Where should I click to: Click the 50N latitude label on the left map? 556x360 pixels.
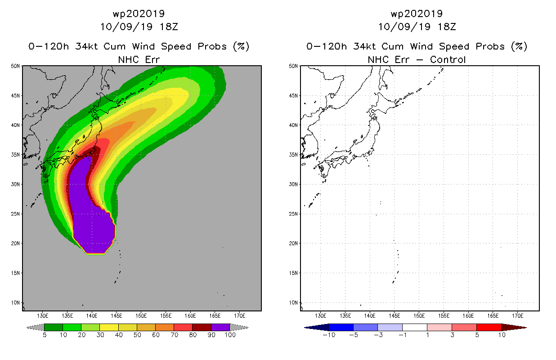[15, 66]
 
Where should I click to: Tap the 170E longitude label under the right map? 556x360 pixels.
[517, 316]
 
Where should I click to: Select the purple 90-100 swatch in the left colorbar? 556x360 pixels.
[220, 327]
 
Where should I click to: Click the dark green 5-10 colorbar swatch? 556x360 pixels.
[54, 327]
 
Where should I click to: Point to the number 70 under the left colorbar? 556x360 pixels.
[175, 335]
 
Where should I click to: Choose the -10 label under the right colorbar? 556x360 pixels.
[329, 335]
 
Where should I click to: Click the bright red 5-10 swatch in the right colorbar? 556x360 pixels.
[489, 327]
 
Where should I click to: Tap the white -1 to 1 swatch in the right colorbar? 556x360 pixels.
[415, 327]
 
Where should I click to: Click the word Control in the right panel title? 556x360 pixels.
[448, 59]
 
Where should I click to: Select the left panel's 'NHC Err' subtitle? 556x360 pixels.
[139, 59]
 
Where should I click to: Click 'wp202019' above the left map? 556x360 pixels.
[139, 13]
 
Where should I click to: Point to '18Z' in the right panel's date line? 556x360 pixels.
[447, 27]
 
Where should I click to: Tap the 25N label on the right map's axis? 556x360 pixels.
[293, 214]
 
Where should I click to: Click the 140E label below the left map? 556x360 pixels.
[92, 316]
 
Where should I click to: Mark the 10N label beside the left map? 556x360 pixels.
[15, 303]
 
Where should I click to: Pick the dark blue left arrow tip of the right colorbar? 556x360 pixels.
[305, 328]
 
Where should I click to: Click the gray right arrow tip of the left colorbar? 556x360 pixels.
[247, 328]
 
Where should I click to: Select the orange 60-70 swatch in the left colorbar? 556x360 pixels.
[165, 327]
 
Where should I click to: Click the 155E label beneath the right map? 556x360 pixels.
[444, 316]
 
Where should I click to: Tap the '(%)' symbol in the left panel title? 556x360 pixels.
[241, 46]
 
